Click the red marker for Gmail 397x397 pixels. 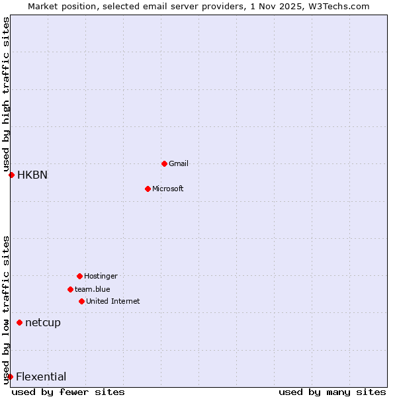tap(164, 163)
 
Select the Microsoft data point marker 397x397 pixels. tap(148, 189)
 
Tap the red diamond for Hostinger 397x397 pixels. tap(79, 276)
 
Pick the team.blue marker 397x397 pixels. tap(70, 289)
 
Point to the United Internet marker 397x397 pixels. tap(81, 301)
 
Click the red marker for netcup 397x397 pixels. tap(19, 322)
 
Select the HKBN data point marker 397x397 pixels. tap(11, 175)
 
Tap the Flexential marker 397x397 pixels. tap(10, 376)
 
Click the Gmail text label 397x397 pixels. tap(179, 163)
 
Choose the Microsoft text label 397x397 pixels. tap(168, 189)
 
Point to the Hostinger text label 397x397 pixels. tap(101, 276)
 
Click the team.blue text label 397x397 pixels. tap(93, 289)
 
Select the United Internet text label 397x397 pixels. tap(113, 301)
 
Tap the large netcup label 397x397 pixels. tap(43, 322)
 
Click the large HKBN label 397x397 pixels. tap(32, 175)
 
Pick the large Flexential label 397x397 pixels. tap(41, 376)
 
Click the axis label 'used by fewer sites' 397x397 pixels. tap(68, 392)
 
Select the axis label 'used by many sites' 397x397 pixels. tap(332, 392)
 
